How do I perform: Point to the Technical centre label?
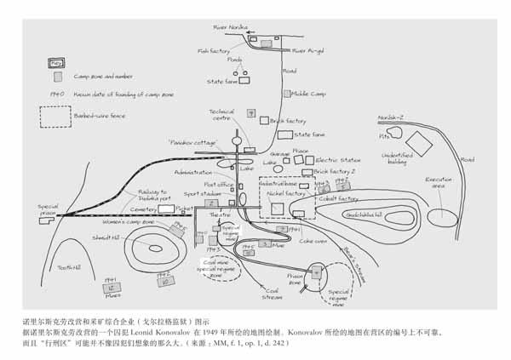pos(221,114)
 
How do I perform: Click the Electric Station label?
pos(339,160)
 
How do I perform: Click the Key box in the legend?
pos(56,63)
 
